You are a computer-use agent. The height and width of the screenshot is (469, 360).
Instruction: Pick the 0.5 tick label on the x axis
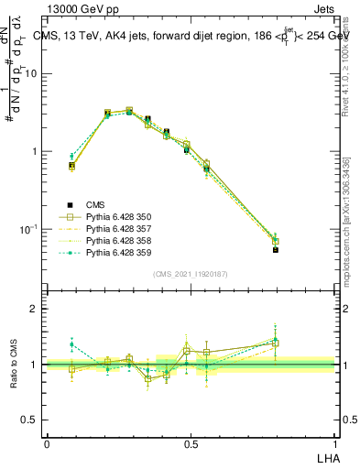pyautogui.click(x=191, y=443)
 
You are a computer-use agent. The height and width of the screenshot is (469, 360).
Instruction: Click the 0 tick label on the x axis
pyautogui.click(x=47, y=443)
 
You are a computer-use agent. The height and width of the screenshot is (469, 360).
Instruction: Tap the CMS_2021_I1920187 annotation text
pyautogui.click(x=191, y=274)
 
